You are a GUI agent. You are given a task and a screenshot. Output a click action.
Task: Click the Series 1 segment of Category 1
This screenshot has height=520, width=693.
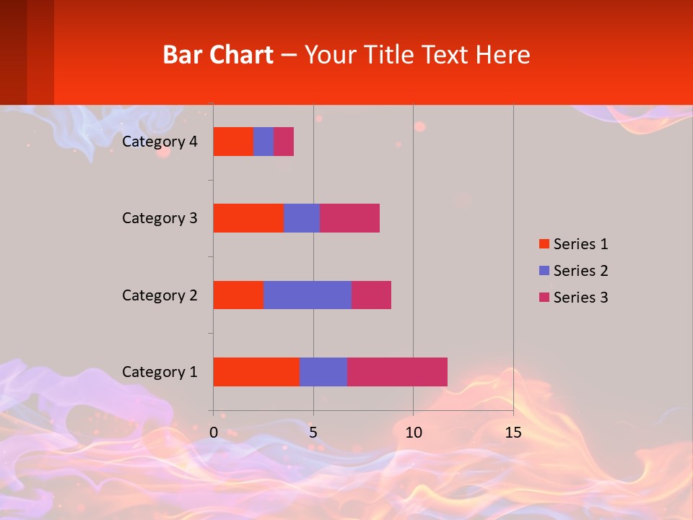256,371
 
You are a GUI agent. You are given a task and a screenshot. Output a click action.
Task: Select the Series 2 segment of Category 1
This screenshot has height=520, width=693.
323,371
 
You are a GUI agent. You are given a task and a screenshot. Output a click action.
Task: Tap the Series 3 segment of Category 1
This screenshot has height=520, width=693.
397,371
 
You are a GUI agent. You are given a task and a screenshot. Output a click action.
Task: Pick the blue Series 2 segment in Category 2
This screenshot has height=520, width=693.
308,295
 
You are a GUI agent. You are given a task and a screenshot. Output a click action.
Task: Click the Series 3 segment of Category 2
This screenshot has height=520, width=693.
371,295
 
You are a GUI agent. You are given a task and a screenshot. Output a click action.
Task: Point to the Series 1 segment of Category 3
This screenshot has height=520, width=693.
248,218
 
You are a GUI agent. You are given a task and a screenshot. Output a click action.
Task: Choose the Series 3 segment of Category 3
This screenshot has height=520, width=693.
349,218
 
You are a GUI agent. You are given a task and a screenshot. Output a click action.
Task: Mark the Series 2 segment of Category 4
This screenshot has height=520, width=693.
263,142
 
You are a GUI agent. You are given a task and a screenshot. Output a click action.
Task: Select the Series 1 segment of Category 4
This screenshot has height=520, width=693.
233,142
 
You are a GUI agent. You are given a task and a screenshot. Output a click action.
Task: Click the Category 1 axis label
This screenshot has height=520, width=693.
160,372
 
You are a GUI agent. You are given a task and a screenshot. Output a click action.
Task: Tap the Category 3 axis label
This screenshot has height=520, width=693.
160,218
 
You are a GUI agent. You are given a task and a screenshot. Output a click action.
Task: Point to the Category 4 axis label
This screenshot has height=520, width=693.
160,142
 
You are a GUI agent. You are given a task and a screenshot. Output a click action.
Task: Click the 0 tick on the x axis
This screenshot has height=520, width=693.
214,433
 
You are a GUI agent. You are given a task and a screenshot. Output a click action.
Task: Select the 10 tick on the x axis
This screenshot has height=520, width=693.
413,433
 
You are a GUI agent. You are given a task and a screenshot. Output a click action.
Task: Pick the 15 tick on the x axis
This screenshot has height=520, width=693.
513,433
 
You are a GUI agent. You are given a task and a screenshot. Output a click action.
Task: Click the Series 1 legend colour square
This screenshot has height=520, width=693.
544,244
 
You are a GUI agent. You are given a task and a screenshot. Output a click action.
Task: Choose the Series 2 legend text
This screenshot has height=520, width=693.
580,271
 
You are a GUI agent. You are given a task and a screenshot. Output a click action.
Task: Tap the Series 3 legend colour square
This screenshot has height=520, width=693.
544,298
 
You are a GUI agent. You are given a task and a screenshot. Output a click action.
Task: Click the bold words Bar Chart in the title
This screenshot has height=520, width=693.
218,55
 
